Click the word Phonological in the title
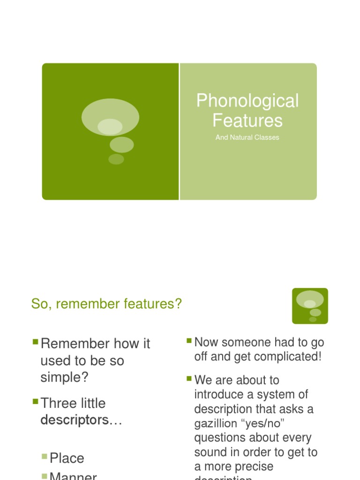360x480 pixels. [x=247, y=101]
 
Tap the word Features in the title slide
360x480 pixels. [x=247, y=120]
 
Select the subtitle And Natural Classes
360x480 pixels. [x=247, y=137]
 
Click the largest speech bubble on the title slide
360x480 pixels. [x=110, y=117]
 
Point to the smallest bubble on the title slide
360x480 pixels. [x=116, y=159]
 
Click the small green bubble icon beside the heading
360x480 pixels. [x=310, y=306]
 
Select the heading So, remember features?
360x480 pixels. [x=106, y=304]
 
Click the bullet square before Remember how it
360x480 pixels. [x=35, y=342]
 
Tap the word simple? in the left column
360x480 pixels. [x=65, y=378]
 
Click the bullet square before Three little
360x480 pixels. [x=35, y=401]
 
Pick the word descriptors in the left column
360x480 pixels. [x=75, y=420]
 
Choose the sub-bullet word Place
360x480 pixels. [x=67, y=458]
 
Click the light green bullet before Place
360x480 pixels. [x=44, y=456]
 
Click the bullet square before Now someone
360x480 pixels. [x=189, y=340]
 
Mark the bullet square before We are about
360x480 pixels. [x=189, y=378]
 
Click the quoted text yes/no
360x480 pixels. [x=269, y=424]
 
